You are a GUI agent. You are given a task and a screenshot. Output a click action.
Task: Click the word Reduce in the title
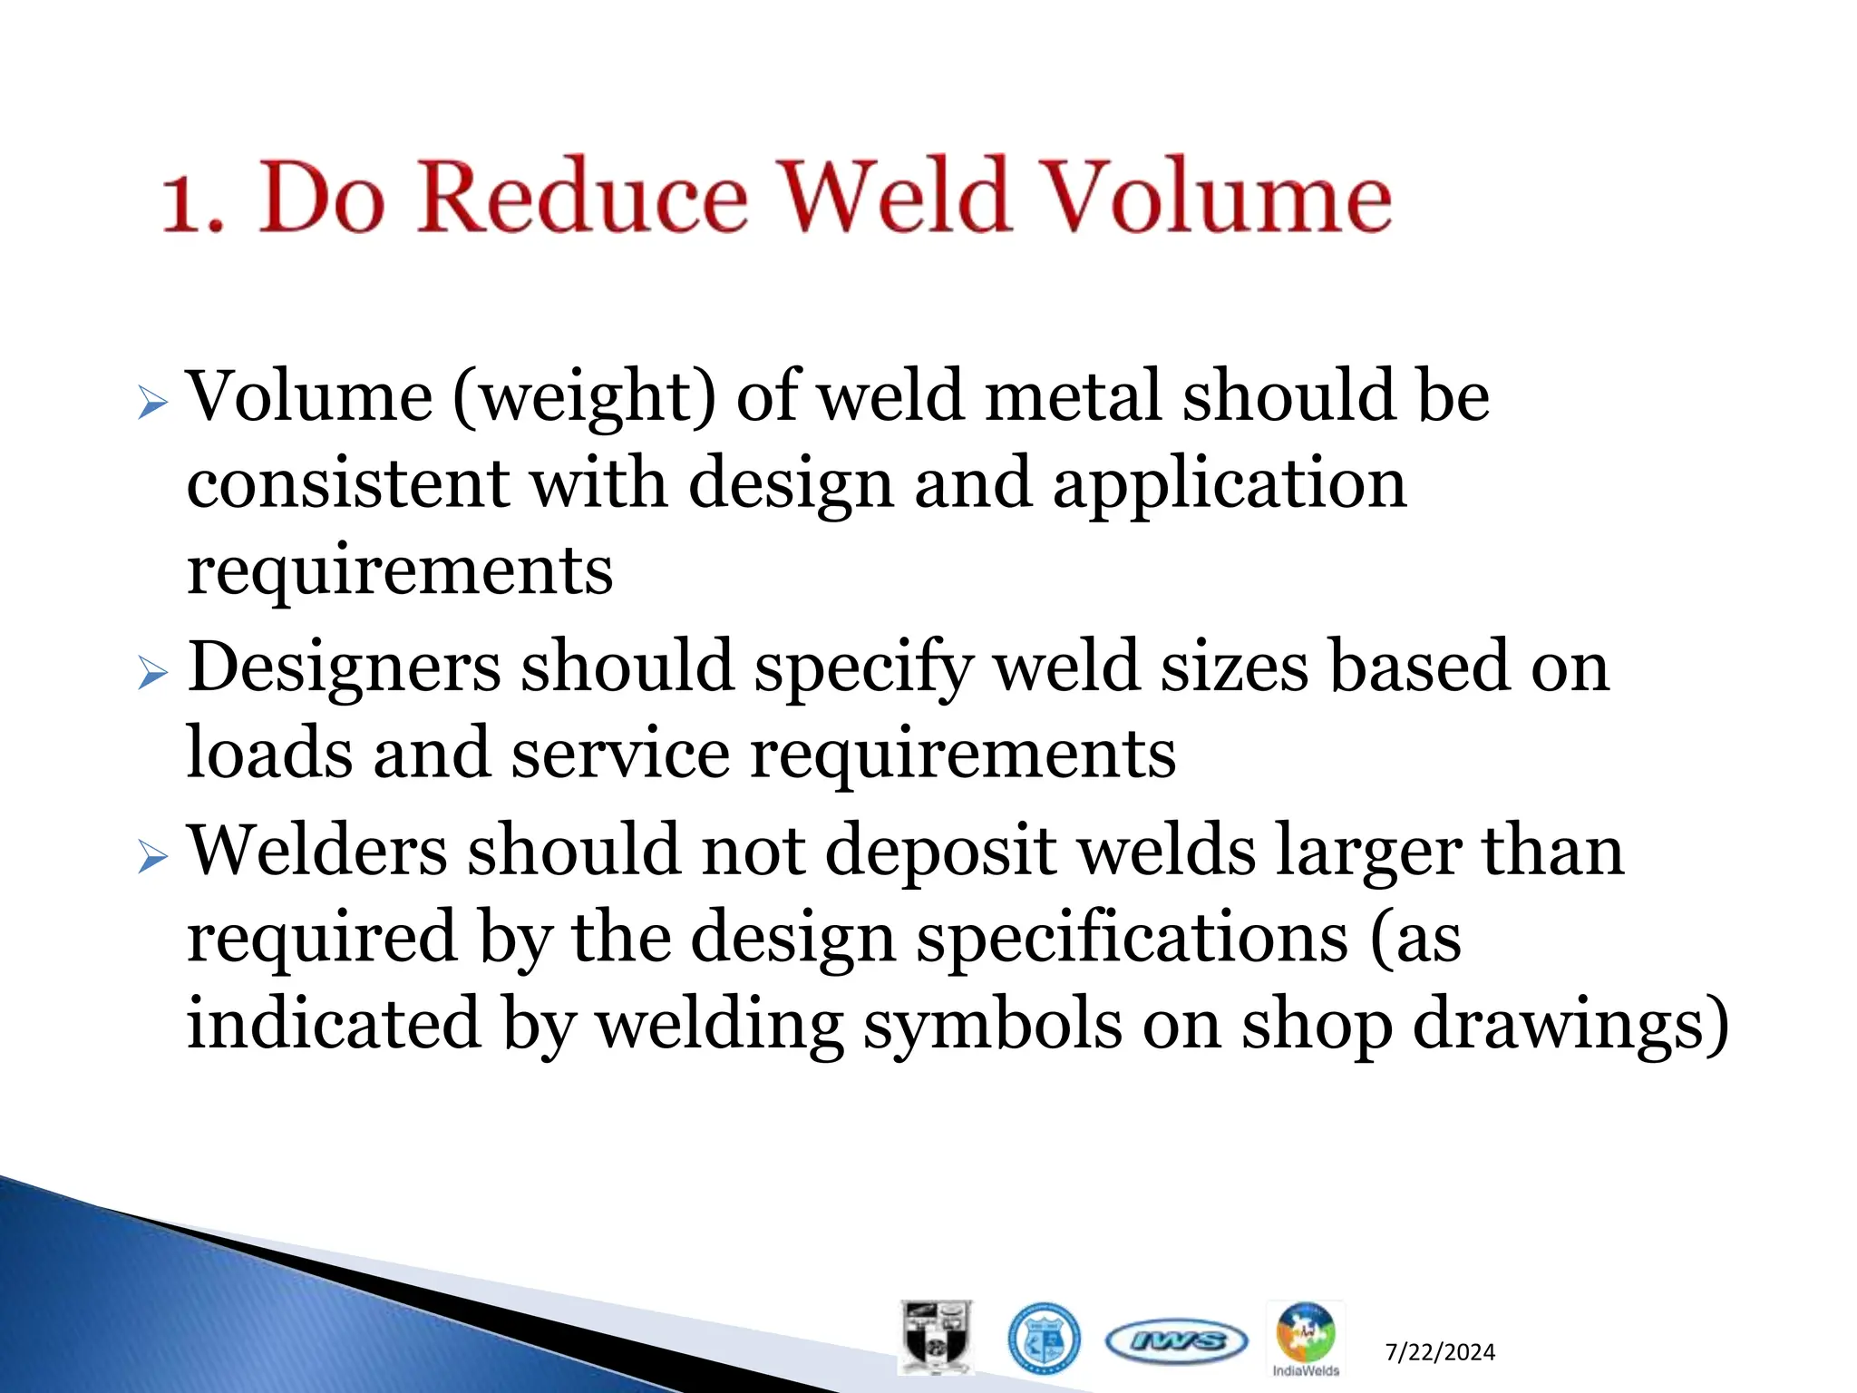click(583, 197)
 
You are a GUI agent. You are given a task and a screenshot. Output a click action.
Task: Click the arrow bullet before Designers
click(153, 675)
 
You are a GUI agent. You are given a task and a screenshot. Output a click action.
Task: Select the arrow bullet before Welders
click(153, 857)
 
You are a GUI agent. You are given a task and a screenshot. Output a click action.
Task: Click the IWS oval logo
click(1176, 1341)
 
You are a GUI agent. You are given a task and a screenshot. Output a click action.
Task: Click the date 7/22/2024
click(1440, 1352)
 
